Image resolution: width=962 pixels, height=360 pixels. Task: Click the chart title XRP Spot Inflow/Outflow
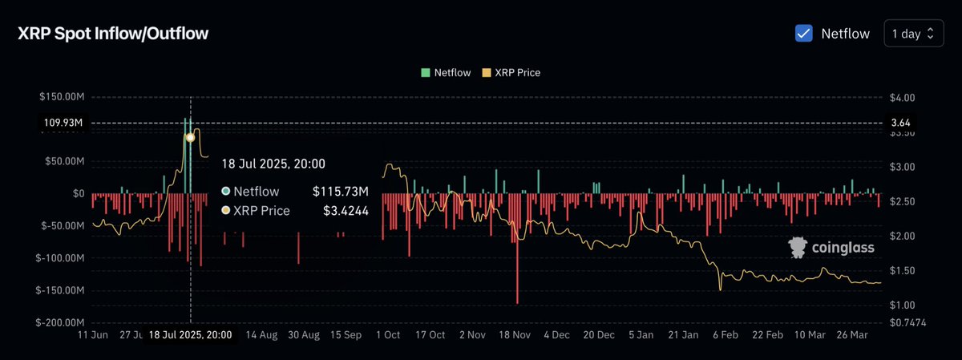pos(113,34)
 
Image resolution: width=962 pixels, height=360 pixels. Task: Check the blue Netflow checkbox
pos(803,34)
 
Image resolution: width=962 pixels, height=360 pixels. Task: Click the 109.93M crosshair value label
pos(63,123)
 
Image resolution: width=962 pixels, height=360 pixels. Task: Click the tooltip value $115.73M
pos(340,192)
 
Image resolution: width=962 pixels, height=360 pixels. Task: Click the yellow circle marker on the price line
pos(190,137)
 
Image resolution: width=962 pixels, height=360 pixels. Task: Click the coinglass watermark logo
pos(831,248)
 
